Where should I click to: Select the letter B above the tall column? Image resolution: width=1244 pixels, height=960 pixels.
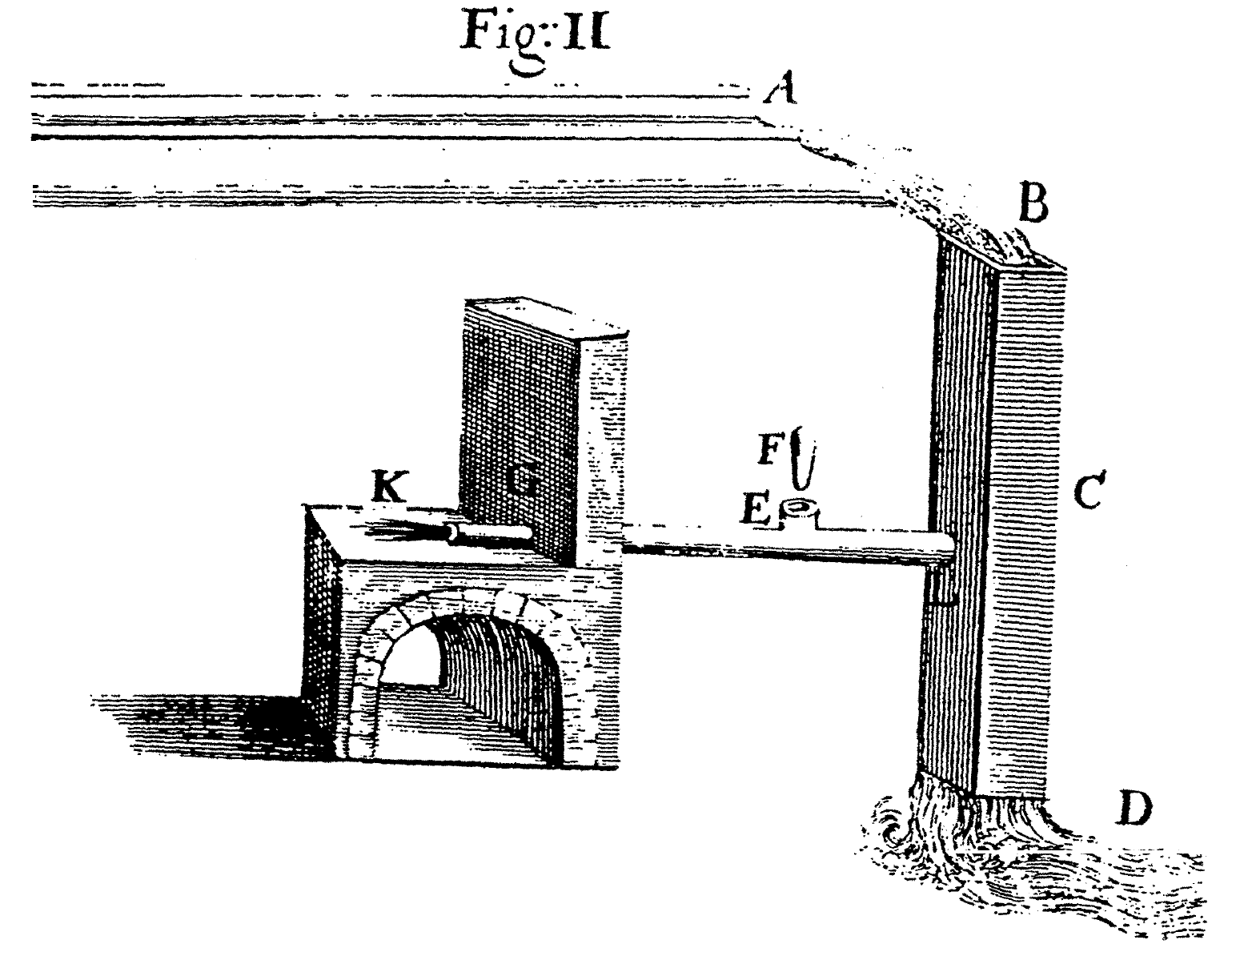click(x=1033, y=205)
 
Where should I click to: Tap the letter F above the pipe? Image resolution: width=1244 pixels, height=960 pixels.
click(x=769, y=451)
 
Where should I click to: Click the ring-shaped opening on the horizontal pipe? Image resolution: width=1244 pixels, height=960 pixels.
click(x=799, y=507)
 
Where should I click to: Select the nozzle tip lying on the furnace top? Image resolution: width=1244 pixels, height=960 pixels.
click(x=453, y=532)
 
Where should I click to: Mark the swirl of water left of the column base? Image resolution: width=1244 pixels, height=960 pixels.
click(x=897, y=829)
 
